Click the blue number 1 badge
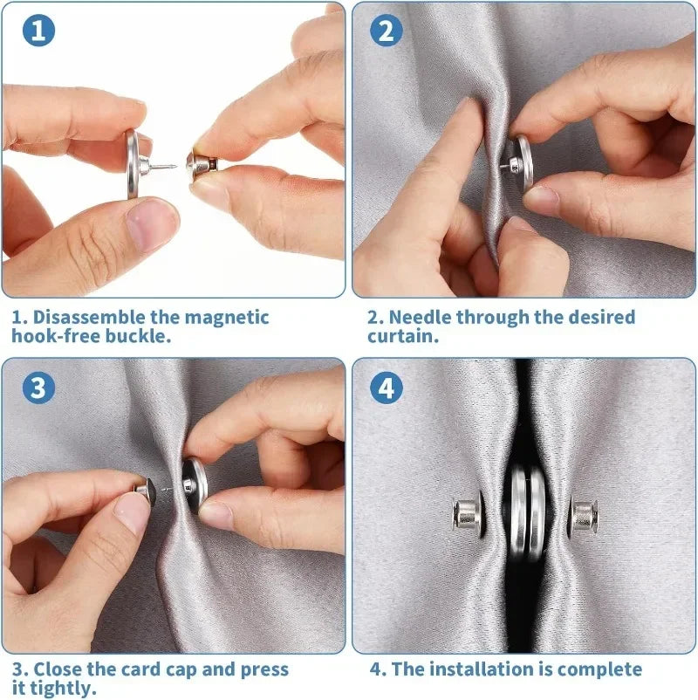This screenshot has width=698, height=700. [39, 31]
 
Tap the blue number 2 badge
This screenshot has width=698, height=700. [387, 31]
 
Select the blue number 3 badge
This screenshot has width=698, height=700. [39, 388]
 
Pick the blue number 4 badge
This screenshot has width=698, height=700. [387, 388]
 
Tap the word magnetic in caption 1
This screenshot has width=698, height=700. [227, 318]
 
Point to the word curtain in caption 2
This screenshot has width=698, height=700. [403, 336]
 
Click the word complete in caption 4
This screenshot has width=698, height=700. [599, 669]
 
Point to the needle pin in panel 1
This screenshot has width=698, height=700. [163, 168]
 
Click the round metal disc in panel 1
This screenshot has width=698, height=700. [133, 164]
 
